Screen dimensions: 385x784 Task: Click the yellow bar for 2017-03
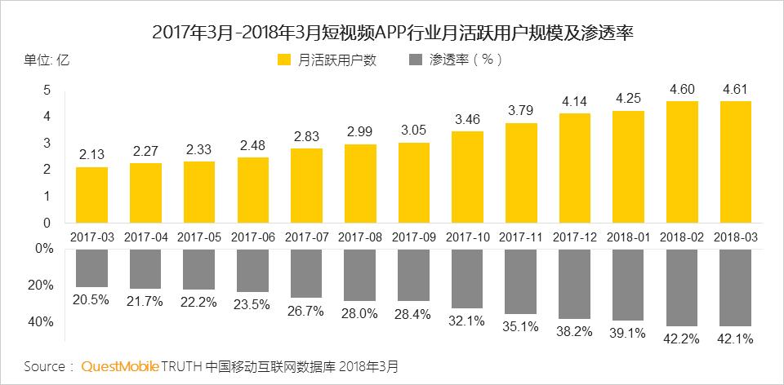(91, 195)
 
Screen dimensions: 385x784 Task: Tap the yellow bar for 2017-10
(468, 177)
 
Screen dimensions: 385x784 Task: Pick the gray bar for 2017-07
(306, 273)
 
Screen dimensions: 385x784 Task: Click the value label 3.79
(522, 110)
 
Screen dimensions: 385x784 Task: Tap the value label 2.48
(253, 144)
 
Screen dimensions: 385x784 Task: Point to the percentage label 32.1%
(468, 321)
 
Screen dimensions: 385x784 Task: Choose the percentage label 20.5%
(91, 300)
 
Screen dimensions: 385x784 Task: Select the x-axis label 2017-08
(360, 237)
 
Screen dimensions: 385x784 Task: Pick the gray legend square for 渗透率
(414, 60)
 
